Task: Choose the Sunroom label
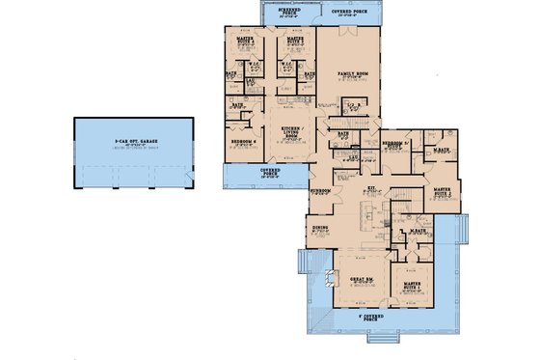pos(320,191)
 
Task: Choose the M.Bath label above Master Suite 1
pos(418,231)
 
